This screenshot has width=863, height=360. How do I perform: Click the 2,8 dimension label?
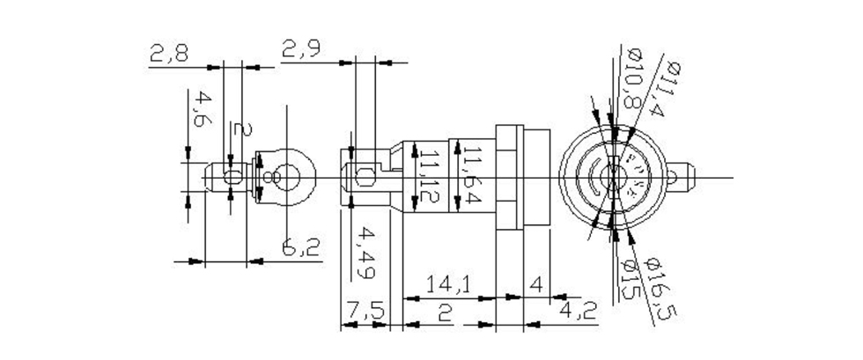[x=168, y=55]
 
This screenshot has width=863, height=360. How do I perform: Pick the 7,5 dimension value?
[x=364, y=312]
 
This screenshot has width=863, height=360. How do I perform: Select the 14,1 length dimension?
[x=448, y=285]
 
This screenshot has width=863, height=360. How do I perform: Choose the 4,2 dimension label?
[x=578, y=312]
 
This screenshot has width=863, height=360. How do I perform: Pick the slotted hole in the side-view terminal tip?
[x=361, y=179]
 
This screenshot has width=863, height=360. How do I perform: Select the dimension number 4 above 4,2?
[x=536, y=284]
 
